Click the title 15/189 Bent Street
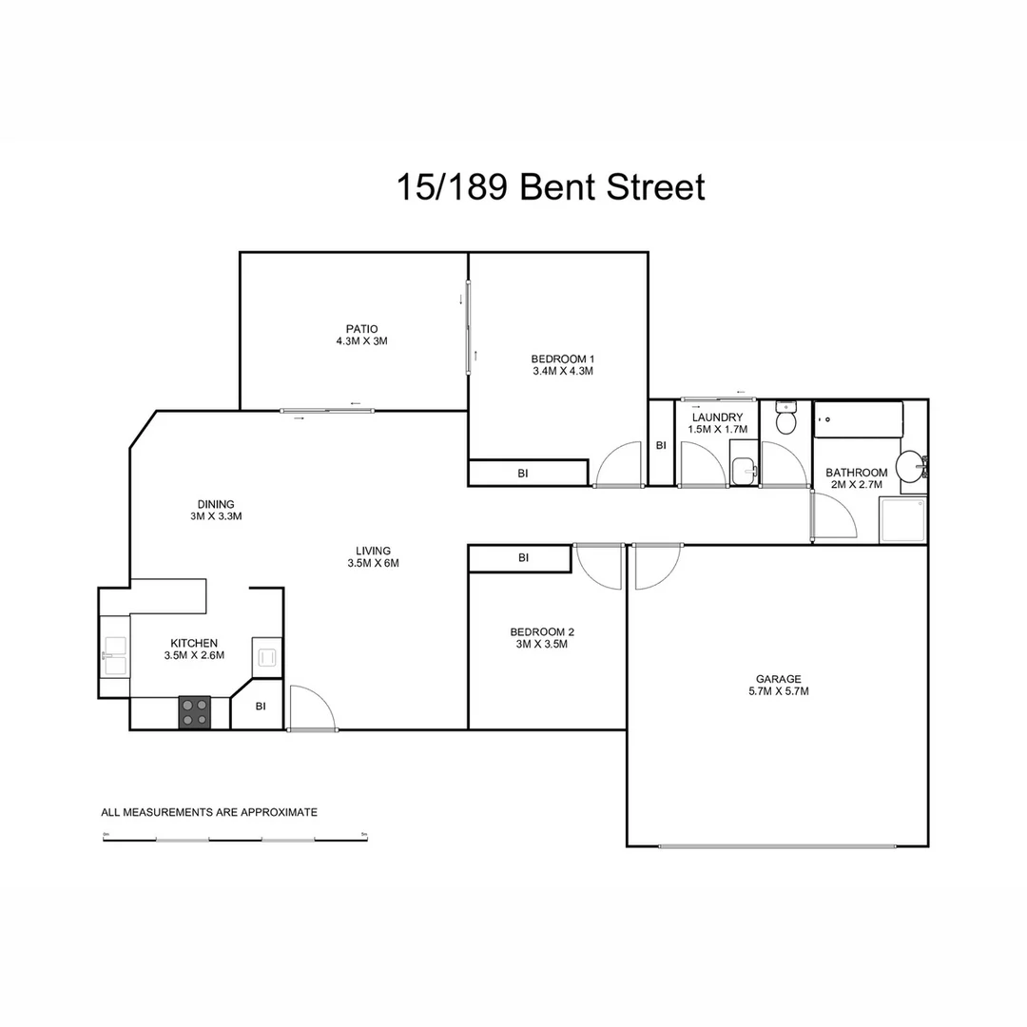click(550, 187)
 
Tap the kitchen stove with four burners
click(195, 712)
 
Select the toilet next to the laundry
click(785, 419)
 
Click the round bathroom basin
click(911, 465)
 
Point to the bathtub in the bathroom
click(858, 419)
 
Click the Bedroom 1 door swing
click(619, 465)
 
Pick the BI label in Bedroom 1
click(522, 473)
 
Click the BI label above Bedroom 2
click(522, 558)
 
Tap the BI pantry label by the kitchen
click(260, 707)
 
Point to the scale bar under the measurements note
click(235, 839)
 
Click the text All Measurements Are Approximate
click(209, 812)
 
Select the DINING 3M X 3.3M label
click(216, 511)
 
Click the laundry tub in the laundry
click(744, 471)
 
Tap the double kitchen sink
click(115, 654)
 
